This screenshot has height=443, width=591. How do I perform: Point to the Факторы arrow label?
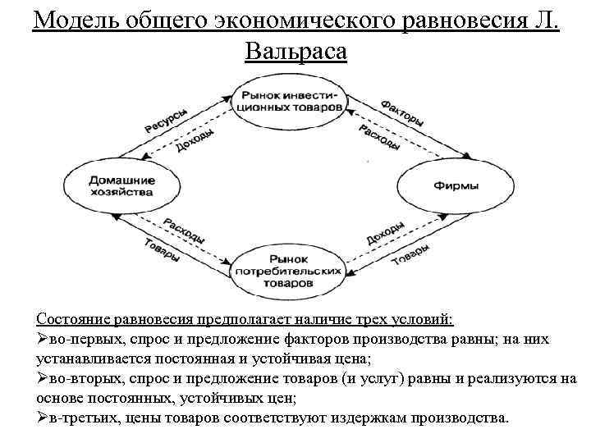tap(402, 113)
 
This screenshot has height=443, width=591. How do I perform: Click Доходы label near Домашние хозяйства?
tap(195, 140)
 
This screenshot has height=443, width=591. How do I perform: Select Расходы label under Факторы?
tap(379, 137)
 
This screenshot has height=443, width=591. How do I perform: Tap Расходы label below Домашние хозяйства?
tap(183, 231)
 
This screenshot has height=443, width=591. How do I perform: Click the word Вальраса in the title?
tap(295, 51)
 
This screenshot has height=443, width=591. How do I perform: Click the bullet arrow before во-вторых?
tap(43, 378)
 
